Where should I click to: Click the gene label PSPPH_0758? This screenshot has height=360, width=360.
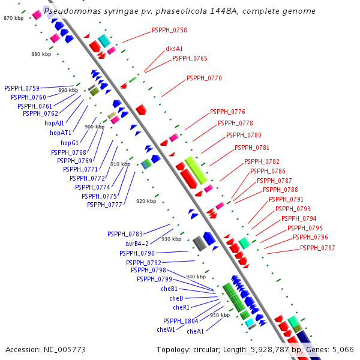pos(169,30)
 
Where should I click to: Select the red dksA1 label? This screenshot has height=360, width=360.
pos(174,49)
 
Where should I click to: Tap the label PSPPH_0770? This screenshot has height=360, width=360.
pos(204,78)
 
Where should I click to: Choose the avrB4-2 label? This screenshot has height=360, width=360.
pos(137,244)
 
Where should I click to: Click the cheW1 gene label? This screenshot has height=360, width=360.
pos(166,329)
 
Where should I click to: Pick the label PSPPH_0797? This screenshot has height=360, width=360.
pos(317,248)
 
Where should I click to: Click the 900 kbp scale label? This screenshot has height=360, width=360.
pos(94,127)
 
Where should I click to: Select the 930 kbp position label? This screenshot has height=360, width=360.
pos(171,239)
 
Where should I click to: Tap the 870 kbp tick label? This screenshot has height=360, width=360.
pos(13,19)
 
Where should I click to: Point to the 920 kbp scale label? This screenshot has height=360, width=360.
pos(146,201)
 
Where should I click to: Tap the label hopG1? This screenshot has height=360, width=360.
pos(70,143)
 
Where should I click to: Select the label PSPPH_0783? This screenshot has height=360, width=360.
pos(125,234)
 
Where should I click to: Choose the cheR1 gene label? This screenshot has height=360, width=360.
pos(181,308)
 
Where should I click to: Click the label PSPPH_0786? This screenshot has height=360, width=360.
pos(268,171)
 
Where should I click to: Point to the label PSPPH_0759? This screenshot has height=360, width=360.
pos(22,88)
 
